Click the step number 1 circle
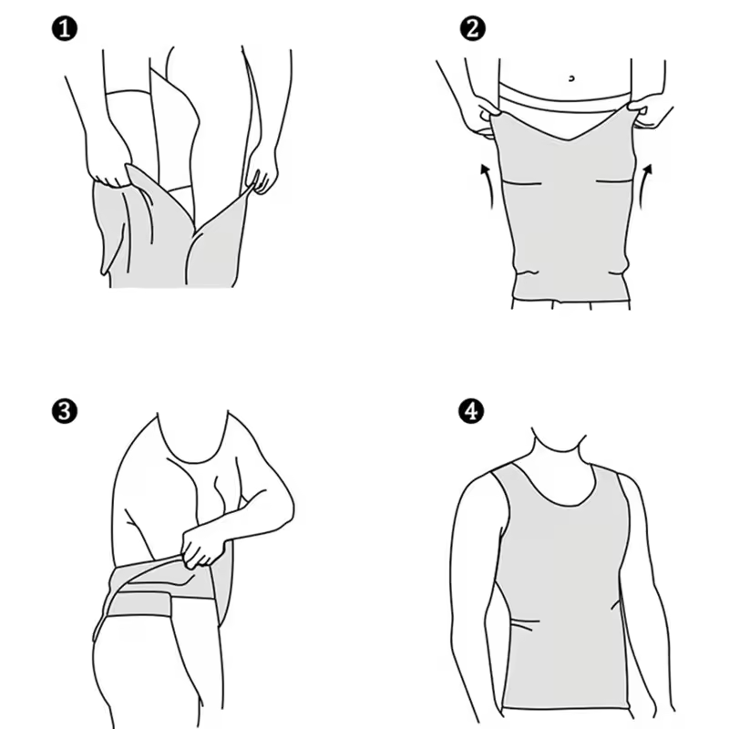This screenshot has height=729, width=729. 65,29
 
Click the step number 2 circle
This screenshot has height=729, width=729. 471,29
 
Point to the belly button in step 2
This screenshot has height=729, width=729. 570,78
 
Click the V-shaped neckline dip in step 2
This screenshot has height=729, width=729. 566,143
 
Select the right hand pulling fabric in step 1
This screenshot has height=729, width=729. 263,173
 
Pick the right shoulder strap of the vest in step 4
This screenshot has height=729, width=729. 611,483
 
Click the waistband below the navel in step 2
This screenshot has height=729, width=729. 565,95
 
